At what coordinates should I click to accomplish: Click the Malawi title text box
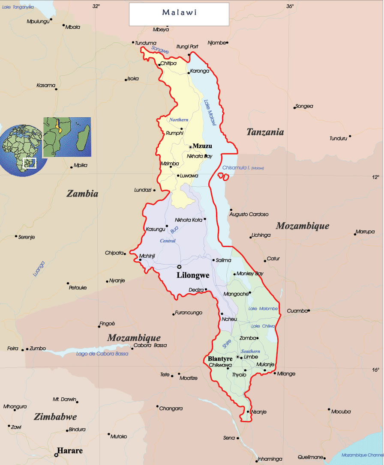pyautogui.click(x=179, y=13)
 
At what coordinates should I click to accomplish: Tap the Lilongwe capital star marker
pyautogui.click(x=179, y=267)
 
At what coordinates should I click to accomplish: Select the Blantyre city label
pyautogui.click(x=220, y=358)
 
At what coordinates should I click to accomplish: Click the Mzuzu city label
pyautogui.click(x=202, y=146)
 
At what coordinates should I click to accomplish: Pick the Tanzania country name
pyautogui.click(x=265, y=132)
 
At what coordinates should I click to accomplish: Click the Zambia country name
pyautogui.click(x=82, y=194)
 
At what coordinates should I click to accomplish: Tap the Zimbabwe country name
pyautogui.click(x=55, y=417)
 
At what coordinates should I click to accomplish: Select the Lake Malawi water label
pyautogui.click(x=210, y=113)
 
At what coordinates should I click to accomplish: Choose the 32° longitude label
pyautogui.click(x=96, y=6)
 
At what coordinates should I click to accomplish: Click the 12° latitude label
pyautogui.click(x=375, y=177)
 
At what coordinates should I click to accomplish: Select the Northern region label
pyautogui.click(x=179, y=120)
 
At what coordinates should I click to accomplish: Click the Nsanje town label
pyautogui.click(x=258, y=412)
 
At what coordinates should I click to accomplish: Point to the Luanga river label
pyautogui.click(x=39, y=268)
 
